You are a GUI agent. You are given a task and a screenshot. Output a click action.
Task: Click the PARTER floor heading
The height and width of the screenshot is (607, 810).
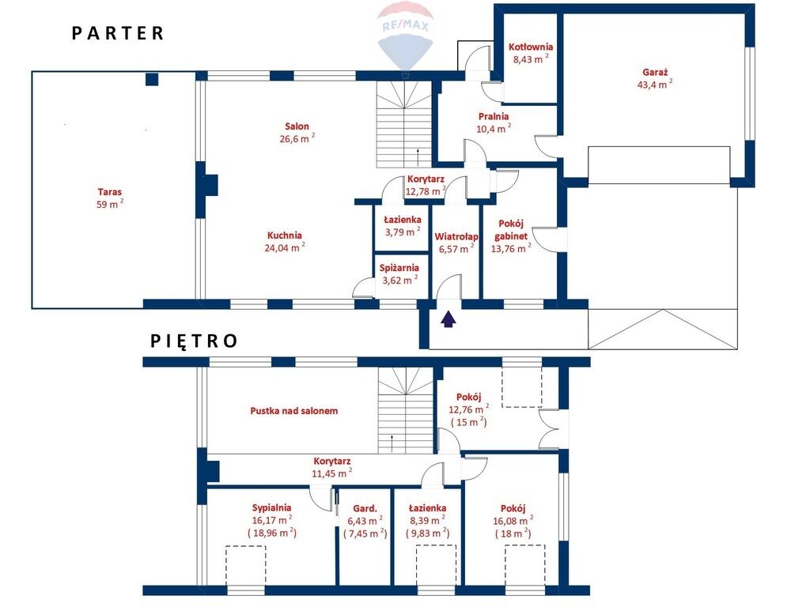click(x=118, y=33)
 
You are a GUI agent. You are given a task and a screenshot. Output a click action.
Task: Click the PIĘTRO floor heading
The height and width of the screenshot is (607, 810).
click(x=195, y=341)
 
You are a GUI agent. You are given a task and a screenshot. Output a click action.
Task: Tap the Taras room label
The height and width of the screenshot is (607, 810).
click(x=110, y=192)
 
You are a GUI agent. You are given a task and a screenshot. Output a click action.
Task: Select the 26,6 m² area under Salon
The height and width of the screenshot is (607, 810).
click(x=297, y=138)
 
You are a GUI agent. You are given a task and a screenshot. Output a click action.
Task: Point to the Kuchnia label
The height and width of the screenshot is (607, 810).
click(x=285, y=236)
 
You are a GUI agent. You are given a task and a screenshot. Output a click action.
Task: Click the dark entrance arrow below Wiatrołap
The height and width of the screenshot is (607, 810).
click(x=449, y=319)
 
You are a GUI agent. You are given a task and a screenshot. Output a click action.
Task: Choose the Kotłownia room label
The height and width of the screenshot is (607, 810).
click(x=531, y=47)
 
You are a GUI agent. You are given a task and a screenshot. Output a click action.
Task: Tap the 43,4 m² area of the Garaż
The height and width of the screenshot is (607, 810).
click(x=655, y=84)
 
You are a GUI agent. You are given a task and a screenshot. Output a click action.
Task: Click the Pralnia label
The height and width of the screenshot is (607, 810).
click(x=494, y=117)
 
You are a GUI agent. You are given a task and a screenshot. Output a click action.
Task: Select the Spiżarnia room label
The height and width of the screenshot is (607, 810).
click(x=399, y=268)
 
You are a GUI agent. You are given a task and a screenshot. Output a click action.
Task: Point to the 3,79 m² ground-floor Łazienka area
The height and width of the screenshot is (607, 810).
click(x=403, y=232)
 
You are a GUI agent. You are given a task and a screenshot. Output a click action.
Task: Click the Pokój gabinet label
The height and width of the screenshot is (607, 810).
click(x=511, y=230)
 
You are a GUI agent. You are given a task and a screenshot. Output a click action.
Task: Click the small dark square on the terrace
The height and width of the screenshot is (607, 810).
click(x=151, y=79)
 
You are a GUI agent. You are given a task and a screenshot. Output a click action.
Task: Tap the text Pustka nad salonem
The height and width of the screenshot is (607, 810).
click(x=294, y=411)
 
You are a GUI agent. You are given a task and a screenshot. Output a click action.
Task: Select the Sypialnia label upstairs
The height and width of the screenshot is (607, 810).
click(x=272, y=508)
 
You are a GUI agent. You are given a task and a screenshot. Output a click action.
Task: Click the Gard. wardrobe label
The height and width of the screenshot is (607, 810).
click(x=365, y=508)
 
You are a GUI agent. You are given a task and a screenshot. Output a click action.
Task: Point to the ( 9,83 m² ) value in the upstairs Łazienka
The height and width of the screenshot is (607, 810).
click(x=427, y=533)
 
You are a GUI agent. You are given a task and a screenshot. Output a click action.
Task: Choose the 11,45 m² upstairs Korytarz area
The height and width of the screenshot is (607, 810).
click(x=332, y=473)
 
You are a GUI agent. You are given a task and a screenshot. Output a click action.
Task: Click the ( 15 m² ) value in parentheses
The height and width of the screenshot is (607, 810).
click(x=468, y=422)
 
